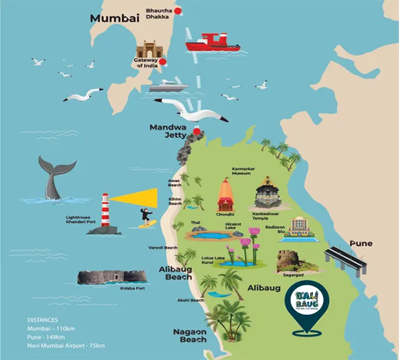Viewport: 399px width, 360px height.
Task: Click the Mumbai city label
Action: click(115, 18)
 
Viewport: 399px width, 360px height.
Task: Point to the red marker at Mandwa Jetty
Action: click(197, 132)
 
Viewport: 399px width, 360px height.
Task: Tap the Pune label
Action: click(360, 243)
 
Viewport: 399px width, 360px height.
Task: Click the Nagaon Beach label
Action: click(190, 335)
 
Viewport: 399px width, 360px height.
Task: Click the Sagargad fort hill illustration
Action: click(296, 261)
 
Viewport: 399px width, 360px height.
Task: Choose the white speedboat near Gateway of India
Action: click(168, 86)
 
